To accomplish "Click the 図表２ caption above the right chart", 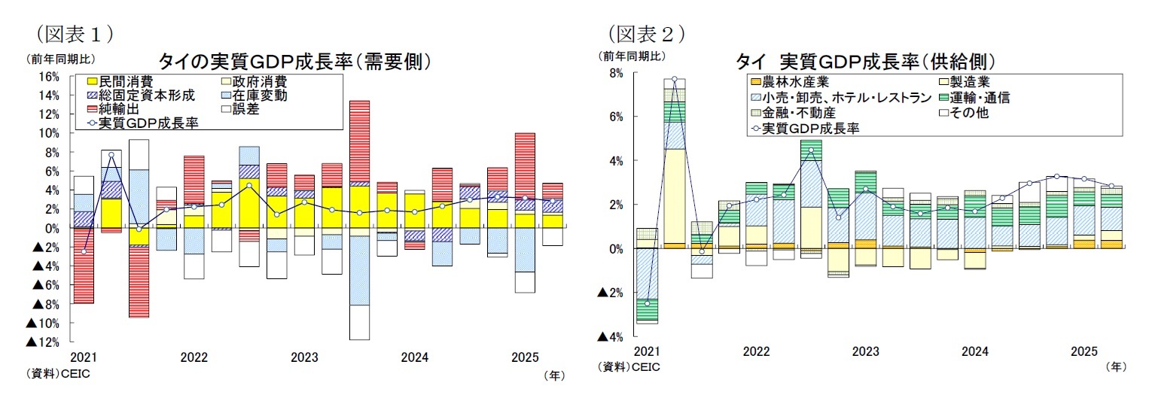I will pyautogui.click(x=647, y=34).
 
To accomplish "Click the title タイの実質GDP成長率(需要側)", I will pyautogui.click(x=294, y=60).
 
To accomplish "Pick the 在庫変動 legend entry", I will pyautogui.click(x=259, y=96).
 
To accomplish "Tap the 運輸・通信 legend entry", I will pyautogui.click(x=979, y=98).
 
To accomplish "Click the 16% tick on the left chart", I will pyautogui.click(x=47, y=77).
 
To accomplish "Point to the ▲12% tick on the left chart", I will pyautogui.click(x=44, y=342).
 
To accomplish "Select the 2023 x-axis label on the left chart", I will pyautogui.click(x=304, y=357).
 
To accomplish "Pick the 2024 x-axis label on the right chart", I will pyautogui.click(x=975, y=351).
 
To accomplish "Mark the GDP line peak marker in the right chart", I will pyautogui.click(x=674, y=79).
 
